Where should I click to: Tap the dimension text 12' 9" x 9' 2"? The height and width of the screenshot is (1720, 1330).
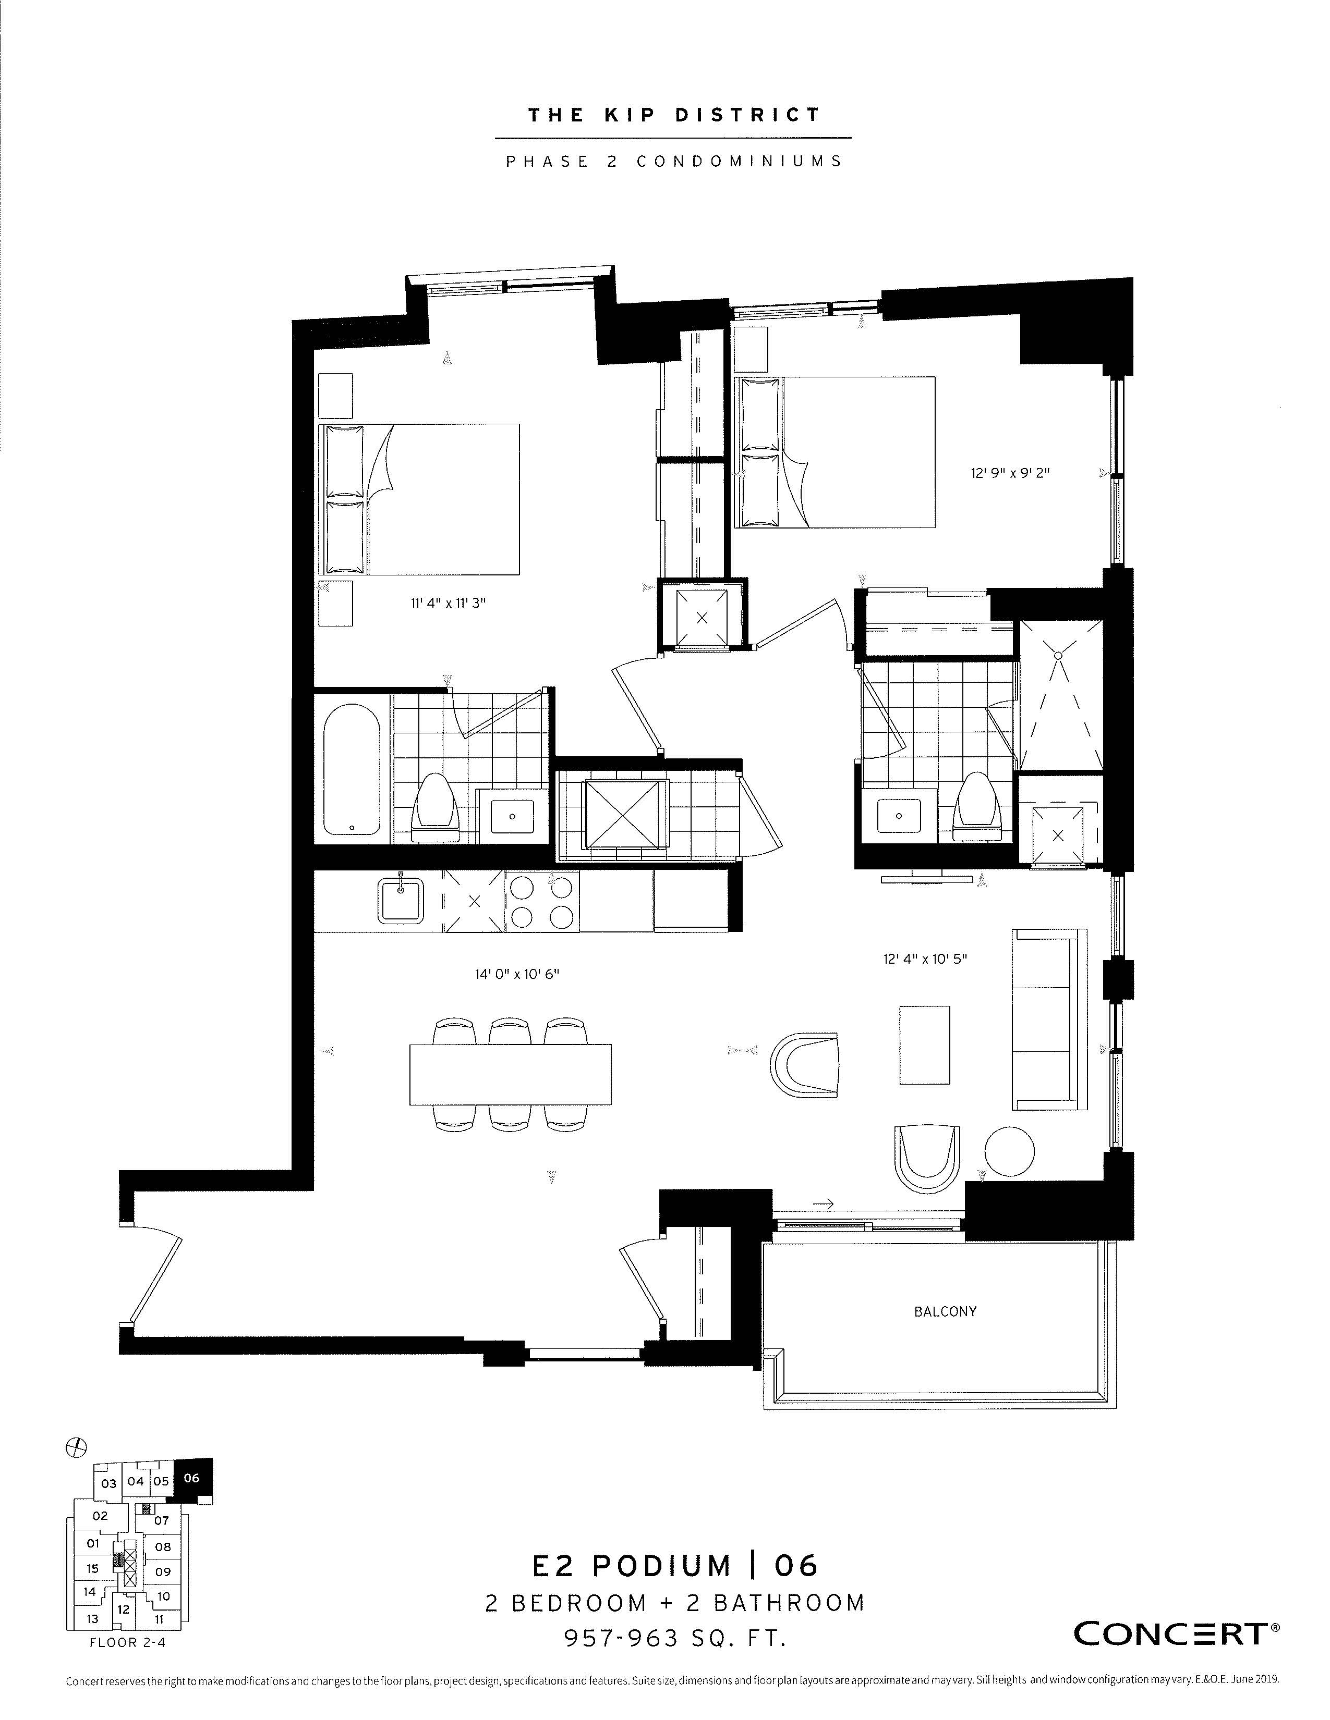pos(1010,473)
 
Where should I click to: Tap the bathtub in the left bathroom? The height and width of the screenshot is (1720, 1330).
pos(352,769)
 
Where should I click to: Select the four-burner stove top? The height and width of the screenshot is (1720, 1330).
pos(542,901)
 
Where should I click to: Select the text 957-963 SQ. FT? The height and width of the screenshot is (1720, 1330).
pos(675,1638)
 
